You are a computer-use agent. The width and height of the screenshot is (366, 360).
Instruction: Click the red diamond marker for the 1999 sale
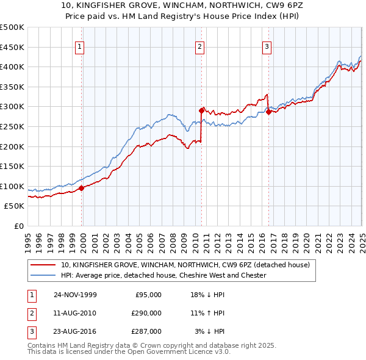tap(82, 188)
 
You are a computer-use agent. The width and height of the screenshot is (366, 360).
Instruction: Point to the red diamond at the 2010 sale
tap(201, 110)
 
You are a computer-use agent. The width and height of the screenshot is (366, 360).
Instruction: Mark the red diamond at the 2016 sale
tap(268, 112)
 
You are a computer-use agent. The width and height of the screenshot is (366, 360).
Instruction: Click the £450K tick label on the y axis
tap(12, 47)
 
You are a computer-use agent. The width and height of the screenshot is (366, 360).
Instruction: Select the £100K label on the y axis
tap(12, 186)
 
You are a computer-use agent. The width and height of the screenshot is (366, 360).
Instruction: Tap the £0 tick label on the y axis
tap(18, 226)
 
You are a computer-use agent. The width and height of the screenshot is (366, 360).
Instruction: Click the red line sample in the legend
tap(43, 265)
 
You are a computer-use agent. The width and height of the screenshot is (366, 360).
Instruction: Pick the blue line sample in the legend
tap(43, 275)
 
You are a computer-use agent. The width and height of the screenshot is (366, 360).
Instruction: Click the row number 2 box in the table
tap(30, 313)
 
